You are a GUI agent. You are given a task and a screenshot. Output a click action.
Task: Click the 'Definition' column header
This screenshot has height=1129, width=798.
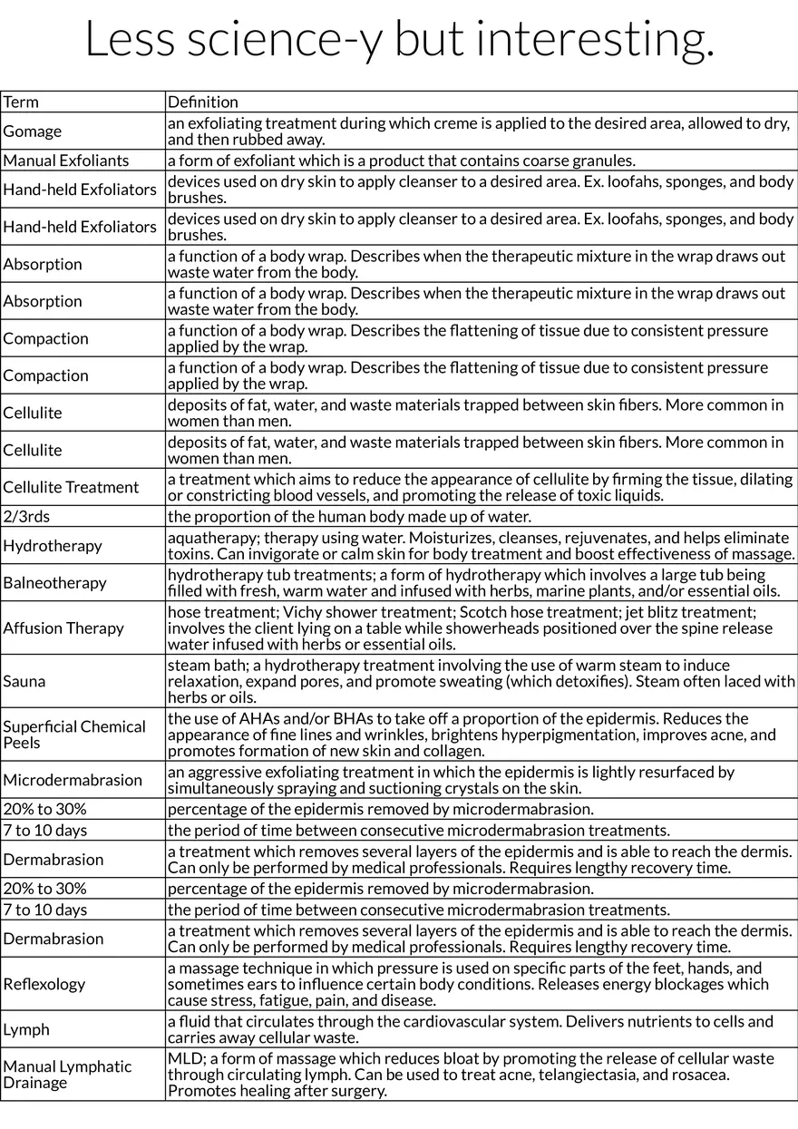203,102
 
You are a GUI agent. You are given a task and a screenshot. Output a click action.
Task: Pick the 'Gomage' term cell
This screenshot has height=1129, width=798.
33,131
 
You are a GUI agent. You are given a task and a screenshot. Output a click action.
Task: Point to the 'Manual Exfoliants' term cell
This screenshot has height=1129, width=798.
66,161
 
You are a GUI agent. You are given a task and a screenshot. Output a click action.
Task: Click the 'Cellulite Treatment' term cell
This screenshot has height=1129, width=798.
71,487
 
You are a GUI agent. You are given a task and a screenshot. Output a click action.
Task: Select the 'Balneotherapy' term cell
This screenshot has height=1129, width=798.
54,582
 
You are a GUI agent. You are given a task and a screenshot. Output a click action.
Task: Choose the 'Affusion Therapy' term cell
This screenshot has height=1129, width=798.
63,628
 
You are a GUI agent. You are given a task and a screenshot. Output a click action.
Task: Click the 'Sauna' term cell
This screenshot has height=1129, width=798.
24,681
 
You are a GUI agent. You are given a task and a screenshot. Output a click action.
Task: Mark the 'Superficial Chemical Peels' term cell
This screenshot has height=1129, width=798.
74,735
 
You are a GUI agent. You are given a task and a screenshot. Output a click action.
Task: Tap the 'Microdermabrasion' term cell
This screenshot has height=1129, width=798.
73,780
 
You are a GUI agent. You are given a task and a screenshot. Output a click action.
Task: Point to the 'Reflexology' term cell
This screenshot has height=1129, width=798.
44,984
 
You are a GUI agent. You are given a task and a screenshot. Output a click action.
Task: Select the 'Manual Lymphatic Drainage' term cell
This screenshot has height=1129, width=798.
67,1075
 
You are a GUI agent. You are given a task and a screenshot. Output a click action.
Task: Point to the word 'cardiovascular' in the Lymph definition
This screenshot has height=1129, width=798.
472,1021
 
